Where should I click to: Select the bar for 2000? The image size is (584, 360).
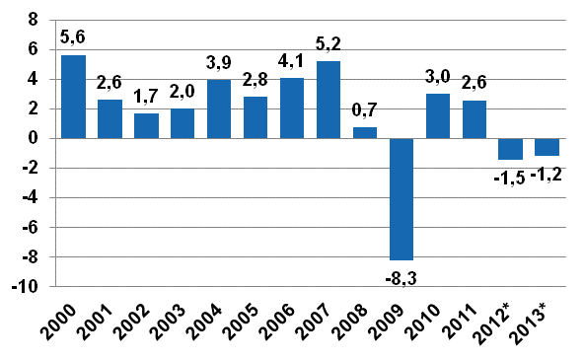point(73,97)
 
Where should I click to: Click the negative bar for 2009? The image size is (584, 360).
point(401,198)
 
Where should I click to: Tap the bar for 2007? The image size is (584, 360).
point(328,100)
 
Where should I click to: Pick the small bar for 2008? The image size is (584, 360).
point(365,133)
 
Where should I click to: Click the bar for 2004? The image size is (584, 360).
point(219,109)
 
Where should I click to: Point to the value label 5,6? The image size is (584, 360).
point(74,38)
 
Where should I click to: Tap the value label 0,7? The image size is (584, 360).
point(365,111)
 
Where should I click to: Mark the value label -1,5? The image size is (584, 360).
point(509,177)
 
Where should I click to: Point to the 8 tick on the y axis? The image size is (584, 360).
point(33,20)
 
